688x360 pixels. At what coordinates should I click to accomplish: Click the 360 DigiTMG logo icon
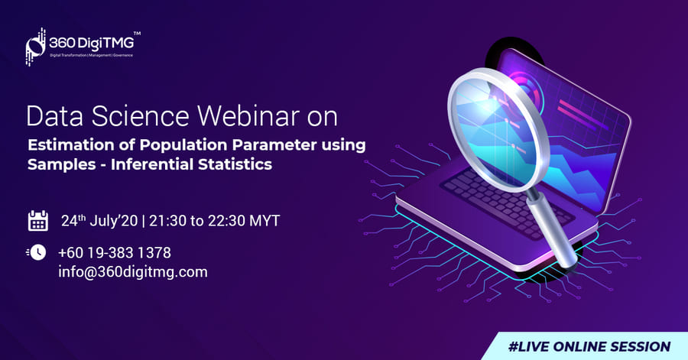(x=36, y=47)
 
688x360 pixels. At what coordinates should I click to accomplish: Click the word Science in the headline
(x=140, y=116)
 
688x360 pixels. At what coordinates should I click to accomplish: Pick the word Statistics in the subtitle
(x=235, y=164)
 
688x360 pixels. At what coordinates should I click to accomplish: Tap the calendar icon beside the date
(x=38, y=221)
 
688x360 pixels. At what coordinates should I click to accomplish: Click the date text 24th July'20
(x=99, y=221)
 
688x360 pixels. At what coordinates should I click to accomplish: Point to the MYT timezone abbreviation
(x=264, y=221)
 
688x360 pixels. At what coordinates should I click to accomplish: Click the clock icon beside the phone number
(x=37, y=252)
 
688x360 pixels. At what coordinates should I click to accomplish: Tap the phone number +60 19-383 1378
(x=115, y=252)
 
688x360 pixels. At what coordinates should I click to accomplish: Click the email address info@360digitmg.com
(x=133, y=272)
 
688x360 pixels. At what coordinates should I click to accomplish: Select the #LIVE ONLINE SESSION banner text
(x=589, y=346)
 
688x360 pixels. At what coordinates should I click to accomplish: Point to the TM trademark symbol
(x=138, y=34)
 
